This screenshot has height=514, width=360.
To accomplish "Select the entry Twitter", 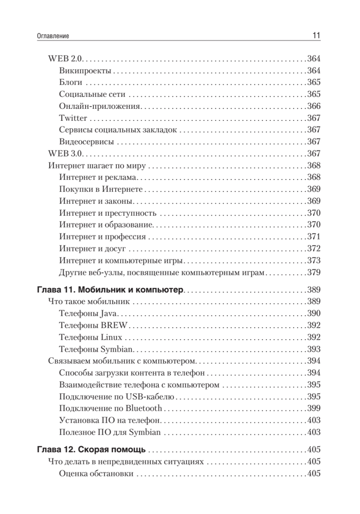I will coord(74,118).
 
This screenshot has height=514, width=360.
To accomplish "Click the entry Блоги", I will coord(71,83).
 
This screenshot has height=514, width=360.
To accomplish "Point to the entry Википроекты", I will coord(86,71).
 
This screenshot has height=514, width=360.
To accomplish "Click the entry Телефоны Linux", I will coord(91,337).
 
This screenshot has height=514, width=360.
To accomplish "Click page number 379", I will coord(314,272).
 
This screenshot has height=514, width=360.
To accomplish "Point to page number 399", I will coord(314,408).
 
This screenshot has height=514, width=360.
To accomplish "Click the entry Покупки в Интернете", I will coord(101,189).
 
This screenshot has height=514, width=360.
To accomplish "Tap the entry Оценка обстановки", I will coord(96,474).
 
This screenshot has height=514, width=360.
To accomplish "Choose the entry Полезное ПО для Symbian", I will coord(110,432).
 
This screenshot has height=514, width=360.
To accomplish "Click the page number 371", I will coord(314,236).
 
